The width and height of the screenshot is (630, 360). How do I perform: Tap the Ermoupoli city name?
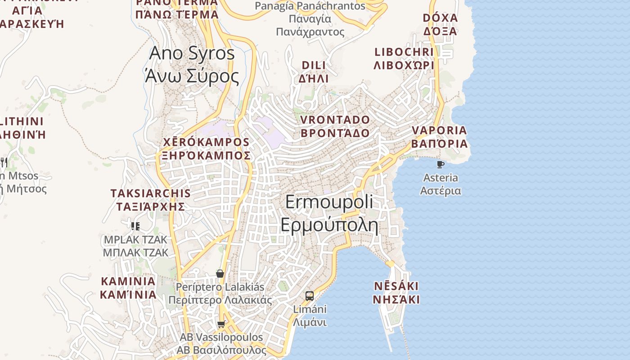pos(329,213)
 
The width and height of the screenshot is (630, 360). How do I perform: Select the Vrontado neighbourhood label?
pos(335,126)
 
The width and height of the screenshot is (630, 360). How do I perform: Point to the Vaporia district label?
pos(439,137)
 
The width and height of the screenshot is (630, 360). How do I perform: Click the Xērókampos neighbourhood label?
pos(206,149)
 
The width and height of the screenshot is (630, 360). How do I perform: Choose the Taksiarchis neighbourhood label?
pos(151,200)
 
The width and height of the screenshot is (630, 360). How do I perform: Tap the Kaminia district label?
pos(128,288)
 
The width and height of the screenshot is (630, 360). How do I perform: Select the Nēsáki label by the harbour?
pos(396,293)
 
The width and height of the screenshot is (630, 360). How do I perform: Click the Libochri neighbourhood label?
pos(404,58)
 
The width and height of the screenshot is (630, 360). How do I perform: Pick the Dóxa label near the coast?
pos(440,24)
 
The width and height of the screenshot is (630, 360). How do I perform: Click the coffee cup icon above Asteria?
pos(441,165)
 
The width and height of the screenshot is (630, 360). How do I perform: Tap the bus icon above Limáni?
pos(310,296)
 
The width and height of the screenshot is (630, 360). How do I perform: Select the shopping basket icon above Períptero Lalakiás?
pos(220,274)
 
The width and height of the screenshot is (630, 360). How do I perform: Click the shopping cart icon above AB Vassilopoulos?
pos(221,324)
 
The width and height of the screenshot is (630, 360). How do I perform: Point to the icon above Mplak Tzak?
pos(135,226)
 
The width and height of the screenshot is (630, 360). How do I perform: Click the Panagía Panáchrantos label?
pos(310,18)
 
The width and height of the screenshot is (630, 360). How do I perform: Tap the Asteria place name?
pos(441,184)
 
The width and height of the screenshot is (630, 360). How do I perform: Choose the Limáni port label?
pos(310,316)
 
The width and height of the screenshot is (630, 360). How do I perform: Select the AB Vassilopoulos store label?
pos(221,343)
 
